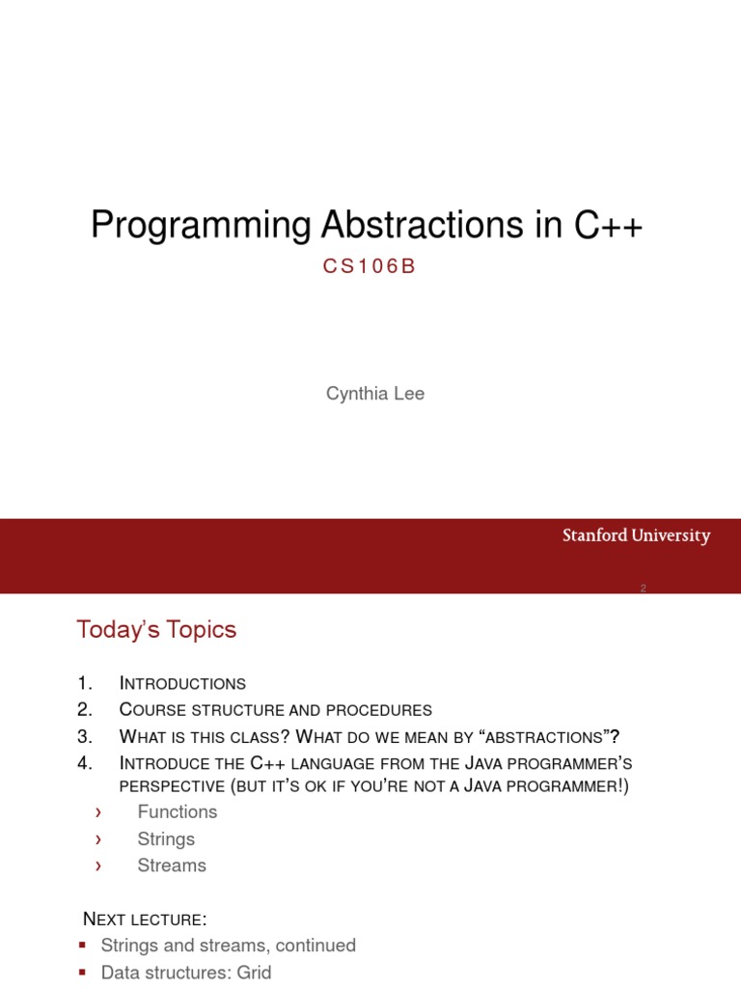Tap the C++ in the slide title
tap(609, 226)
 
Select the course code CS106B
tap(370, 267)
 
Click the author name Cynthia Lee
tap(375, 394)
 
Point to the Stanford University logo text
tap(636, 535)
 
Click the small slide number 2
tap(643, 589)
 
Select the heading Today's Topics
tap(156, 630)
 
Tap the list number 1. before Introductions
tap(85, 683)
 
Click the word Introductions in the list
tap(182, 683)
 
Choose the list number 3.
tap(85, 736)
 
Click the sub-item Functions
tap(178, 811)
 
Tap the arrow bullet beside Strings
tap(97, 839)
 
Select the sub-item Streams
tap(172, 865)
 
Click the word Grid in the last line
tap(253, 973)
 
